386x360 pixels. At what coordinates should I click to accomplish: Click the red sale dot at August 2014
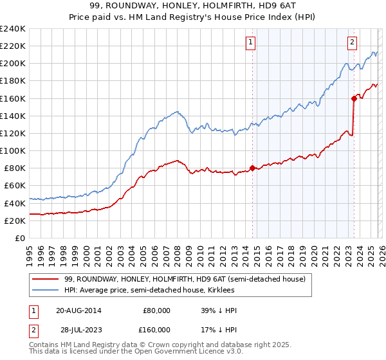click(x=252, y=168)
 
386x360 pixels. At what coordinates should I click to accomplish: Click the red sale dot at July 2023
click(x=354, y=98)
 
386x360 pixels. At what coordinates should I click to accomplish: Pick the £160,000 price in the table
click(x=156, y=330)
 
